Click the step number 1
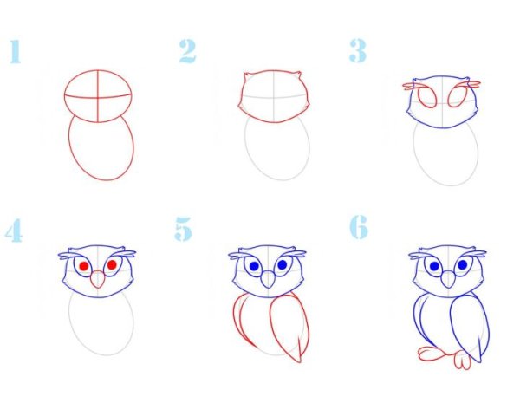coord(16,51)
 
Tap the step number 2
coord(187,51)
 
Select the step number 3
coord(357,50)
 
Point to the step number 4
coord(14,231)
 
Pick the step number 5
coord(184,229)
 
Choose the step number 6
coord(359,227)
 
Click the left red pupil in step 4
coord(84,266)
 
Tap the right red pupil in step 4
coord(112,264)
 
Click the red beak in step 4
coord(97,279)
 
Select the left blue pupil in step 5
coord(254,266)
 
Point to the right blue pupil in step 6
coord(463,265)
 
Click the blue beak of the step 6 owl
coord(448,279)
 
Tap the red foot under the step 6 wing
coord(462,361)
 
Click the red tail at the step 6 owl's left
coord(431,354)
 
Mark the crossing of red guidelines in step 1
coord(98,97)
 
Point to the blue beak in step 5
coord(268,279)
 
